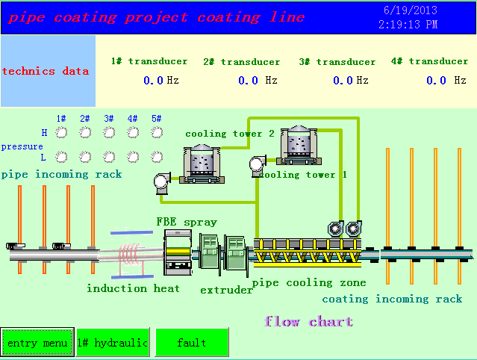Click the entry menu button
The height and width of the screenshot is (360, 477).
point(37,342)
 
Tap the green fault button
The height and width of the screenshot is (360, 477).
point(192,342)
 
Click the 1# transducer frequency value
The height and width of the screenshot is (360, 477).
point(153,81)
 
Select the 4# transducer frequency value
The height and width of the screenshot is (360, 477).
point(436,81)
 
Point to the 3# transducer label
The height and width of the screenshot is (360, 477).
point(337,62)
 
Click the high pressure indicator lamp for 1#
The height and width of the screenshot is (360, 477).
point(61,132)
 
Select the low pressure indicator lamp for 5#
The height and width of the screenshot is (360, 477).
point(157,157)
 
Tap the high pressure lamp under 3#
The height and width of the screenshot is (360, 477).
point(109,132)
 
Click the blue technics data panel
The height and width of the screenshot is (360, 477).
point(48,71)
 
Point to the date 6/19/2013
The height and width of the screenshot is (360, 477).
point(411,10)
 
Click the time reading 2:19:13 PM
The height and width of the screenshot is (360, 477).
point(408,25)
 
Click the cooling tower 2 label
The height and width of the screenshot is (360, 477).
point(230,134)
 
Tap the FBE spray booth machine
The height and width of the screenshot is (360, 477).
point(178,252)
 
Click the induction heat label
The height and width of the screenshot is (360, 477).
point(133,288)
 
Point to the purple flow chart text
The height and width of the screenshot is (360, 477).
point(309,321)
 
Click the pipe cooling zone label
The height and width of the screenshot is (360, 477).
point(309,283)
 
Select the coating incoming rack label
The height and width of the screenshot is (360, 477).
point(392,300)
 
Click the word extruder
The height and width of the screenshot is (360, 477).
point(226,290)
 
